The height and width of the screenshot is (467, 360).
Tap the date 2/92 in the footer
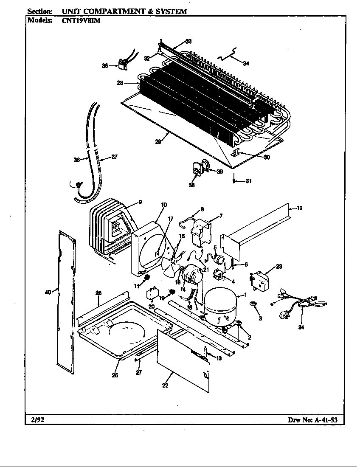coord(37,420)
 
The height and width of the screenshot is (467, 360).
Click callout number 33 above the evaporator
coord(188,41)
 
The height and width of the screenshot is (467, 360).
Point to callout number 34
coord(246,63)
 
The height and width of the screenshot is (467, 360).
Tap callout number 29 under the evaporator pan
coord(157,142)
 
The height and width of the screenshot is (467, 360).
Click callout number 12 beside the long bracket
coord(300,208)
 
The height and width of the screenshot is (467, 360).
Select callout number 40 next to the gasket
coord(48,292)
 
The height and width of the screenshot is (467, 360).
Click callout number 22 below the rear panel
coord(165,385)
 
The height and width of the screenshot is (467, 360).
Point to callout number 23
coord(278,267)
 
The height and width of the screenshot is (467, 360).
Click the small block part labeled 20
coord(152,294)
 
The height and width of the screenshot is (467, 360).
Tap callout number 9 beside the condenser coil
coord(140,202)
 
